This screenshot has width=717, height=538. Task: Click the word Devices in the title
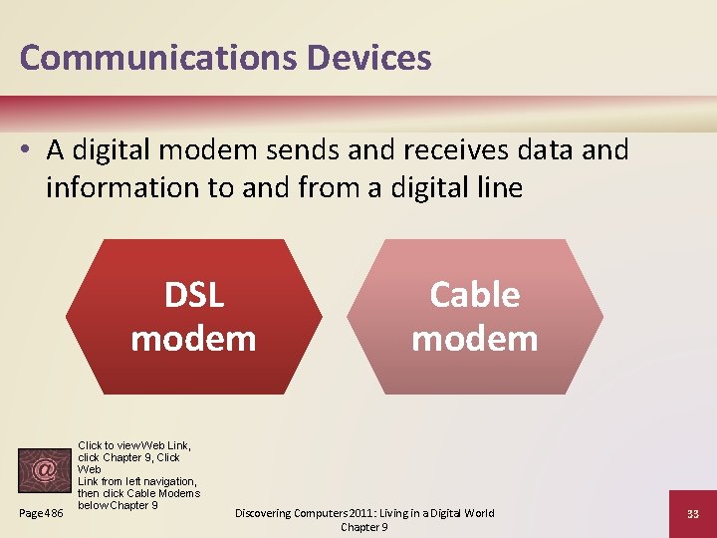point(369,57)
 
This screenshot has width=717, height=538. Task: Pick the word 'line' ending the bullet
point(499,187)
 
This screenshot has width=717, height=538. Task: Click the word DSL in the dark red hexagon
point(194,295)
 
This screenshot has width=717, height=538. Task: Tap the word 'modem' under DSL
point(194,339)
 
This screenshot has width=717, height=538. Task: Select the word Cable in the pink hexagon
point(475,295)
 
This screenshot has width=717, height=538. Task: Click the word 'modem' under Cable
point(475,339)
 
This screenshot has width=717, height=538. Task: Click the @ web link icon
point(44,470)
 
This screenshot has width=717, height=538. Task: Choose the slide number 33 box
point(692,513)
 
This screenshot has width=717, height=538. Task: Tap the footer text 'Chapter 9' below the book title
point(364,527)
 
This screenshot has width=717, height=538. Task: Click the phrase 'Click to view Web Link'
point(134,445)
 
